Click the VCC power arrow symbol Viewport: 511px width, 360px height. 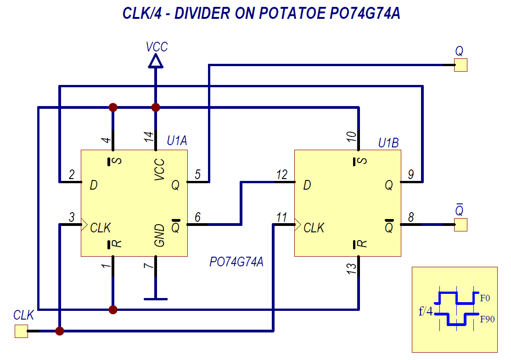156,61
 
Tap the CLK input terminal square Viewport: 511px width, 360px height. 21,331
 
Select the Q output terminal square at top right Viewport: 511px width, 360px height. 460,65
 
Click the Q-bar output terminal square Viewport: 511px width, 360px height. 460,225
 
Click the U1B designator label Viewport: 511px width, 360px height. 388,143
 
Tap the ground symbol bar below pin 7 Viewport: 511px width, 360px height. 156,299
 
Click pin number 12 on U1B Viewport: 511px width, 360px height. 281,175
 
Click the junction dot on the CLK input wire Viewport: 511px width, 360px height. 59,331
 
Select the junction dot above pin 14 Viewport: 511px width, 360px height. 156,107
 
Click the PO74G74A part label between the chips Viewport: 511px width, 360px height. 236,263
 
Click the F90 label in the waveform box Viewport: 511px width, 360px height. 487,319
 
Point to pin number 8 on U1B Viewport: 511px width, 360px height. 411,217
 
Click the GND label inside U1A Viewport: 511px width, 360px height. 159,235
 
